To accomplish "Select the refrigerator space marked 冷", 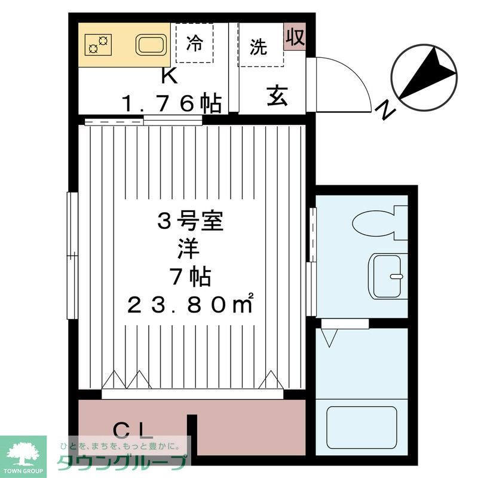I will (195, 43).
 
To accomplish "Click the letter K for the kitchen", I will (169, 76).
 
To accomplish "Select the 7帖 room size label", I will (190, 277).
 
